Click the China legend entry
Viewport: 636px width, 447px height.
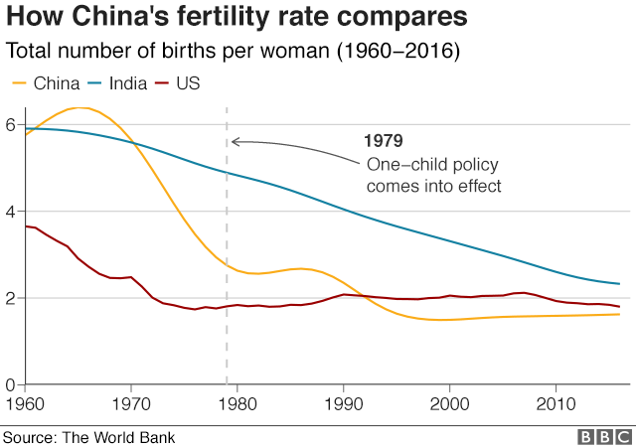pyautogui.click(x=45, y=83)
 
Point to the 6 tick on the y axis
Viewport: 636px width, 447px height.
pyautogui.click(x=10, y=125)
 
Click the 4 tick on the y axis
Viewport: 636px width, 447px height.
pyautogui.click(x=10, y=212)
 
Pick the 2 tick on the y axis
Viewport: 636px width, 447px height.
pyautogui.click(x=10, y=298)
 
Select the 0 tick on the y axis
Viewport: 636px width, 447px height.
pyautogui.click(x=10, y=384)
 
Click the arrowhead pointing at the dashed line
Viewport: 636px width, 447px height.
pyautogui.click(x=235, y=141)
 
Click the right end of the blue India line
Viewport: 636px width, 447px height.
pyautogui.click(x=619, y=284)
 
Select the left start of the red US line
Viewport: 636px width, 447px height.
pyautogui.click(x=26, y=226)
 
